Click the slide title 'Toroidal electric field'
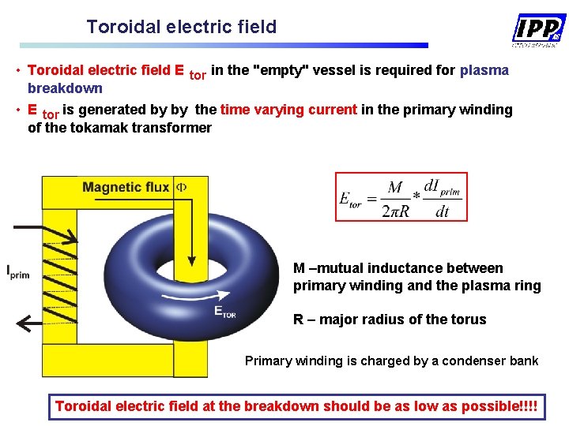pyautogui.click(x=182, y=27)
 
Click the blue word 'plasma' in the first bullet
pyautogui.click(x=484, y=70)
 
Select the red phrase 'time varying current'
pyautogui.click(x=288, y=110)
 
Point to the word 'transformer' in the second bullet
pyautogui.click(x=173, y=128)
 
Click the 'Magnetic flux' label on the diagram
pyautogui.click(x=126, y=187)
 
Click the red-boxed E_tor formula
pyautogui.click(x=401, y=197)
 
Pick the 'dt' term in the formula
pyautogui.click(x=443, y=211)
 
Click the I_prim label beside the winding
pyautogui.click(x=18, y=272)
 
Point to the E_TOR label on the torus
pyautogui.click(x=225, y=312)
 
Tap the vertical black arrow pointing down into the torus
pyautogui.click(x=190, y=229)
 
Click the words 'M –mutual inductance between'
pyautogui.click(x=398, y=268)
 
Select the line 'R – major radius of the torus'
pyautogui.click(x=390, y=319)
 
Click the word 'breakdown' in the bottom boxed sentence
pyautogui.click(x=282, y=406)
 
